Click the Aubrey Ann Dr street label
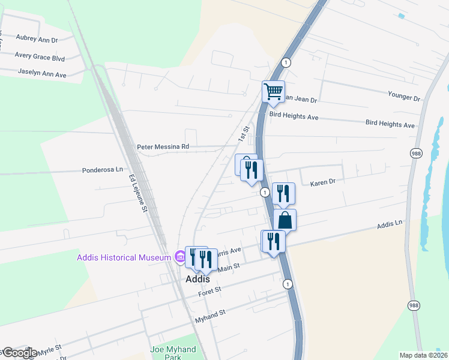37,40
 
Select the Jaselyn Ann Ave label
41,74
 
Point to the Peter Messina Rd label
163,146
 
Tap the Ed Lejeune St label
138,194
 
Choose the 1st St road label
243,134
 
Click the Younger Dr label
404,97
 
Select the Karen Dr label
322,182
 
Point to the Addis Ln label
389,225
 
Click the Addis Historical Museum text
124,258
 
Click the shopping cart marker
273,92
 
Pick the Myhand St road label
209,316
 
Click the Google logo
19,353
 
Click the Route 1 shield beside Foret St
288,284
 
